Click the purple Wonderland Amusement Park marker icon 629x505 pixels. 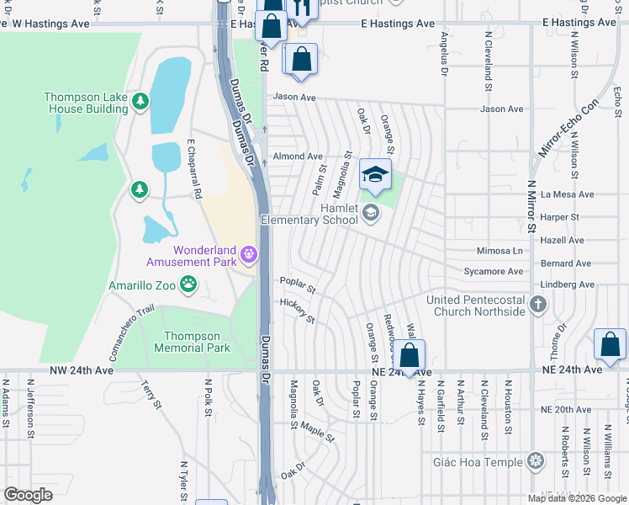point(248,253)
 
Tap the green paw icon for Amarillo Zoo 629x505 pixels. point(188,285)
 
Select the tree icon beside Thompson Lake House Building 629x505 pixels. point(140,102)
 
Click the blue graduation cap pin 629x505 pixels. point(376,174)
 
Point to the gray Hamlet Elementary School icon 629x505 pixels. point(370,213)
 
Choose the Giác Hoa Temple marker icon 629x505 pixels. point(535,460)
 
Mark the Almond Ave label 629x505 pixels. point(298,157)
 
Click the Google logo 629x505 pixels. point(29,494)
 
